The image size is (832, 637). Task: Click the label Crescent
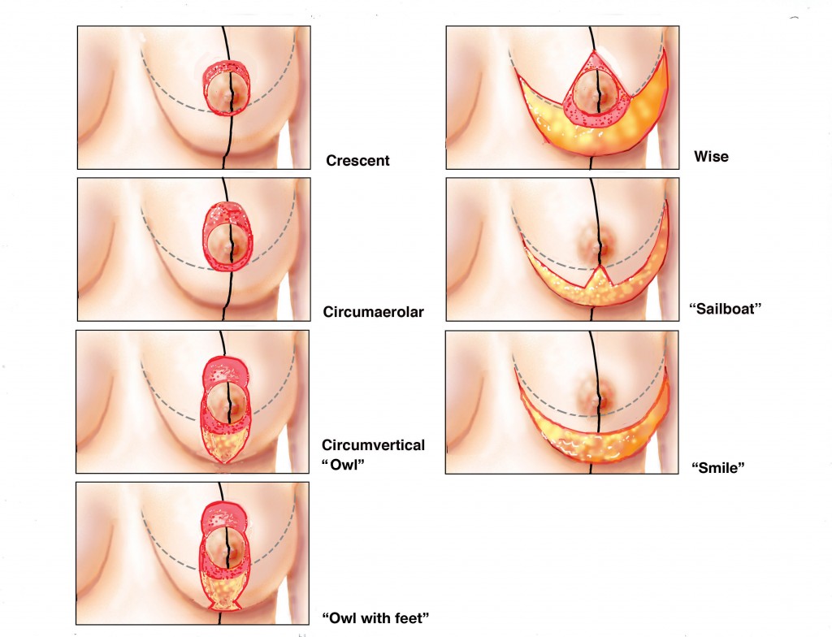tap(357, 161)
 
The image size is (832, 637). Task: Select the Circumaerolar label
tap(373, 311)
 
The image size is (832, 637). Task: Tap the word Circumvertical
tap(373, 445)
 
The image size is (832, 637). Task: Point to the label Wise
tap(711, 156)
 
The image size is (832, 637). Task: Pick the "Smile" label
tap(717, 468)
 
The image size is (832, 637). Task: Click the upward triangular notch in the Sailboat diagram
tap(600, 275)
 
